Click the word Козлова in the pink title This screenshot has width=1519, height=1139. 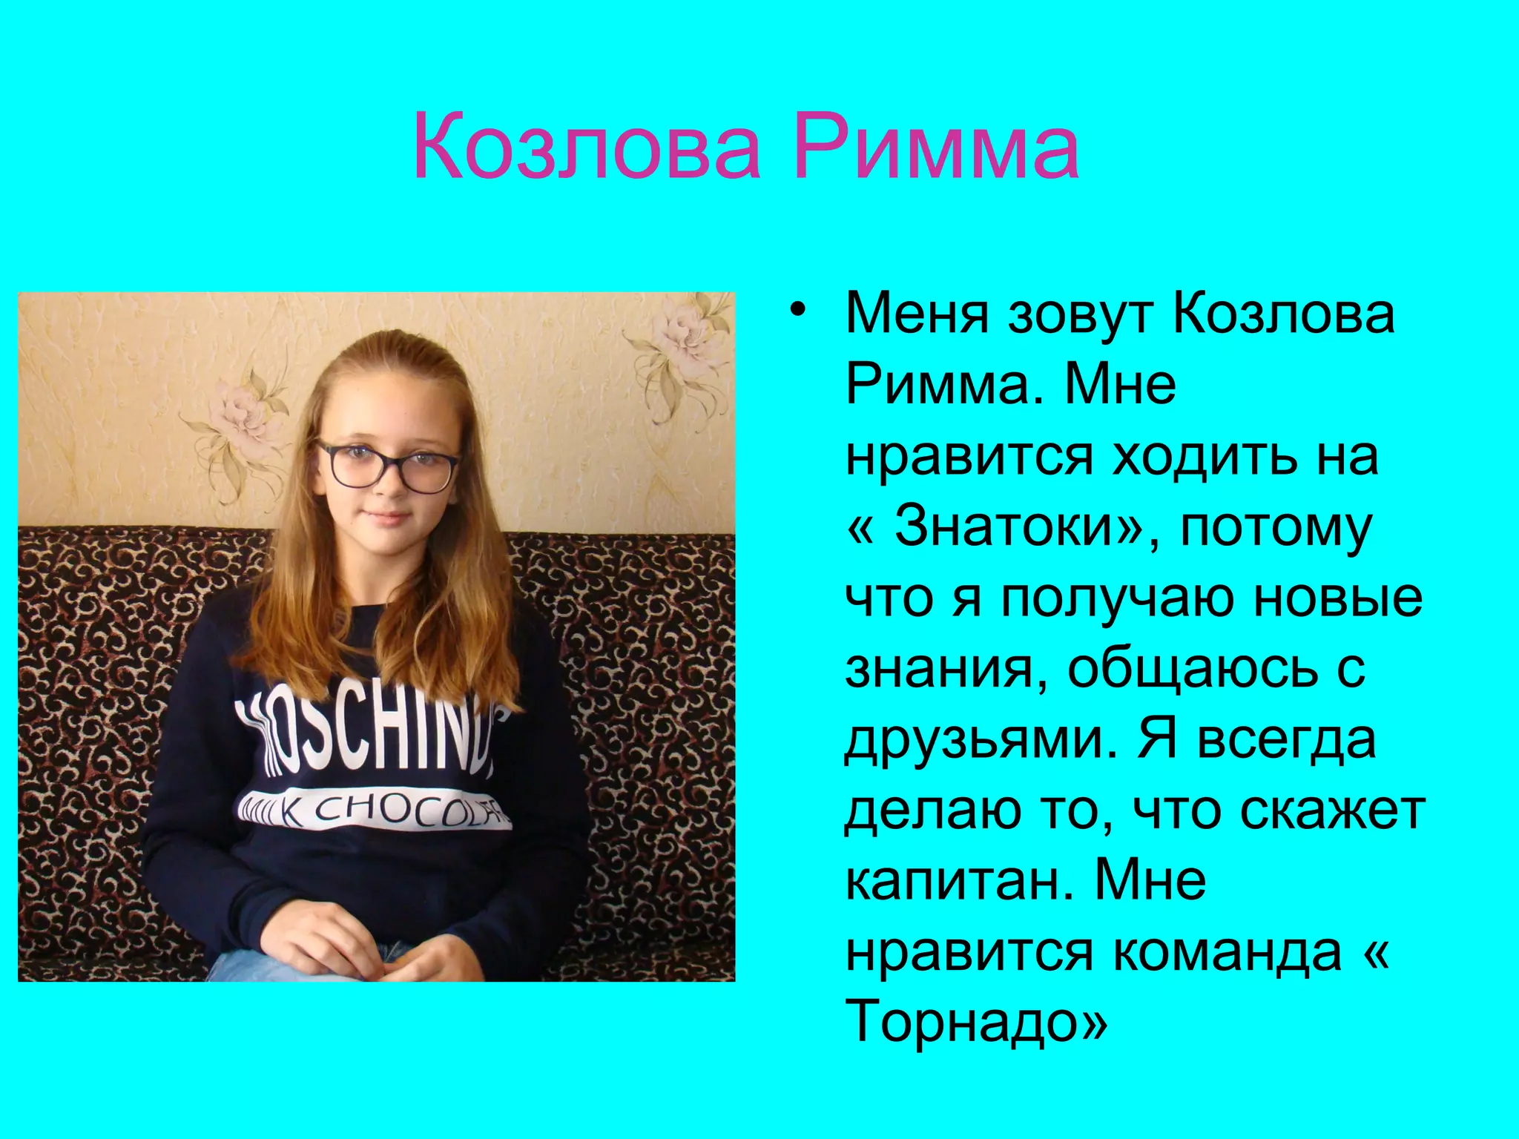pyautogui.click(x=587, y=146)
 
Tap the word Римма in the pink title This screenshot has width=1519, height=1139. pyautogui.click(x=935, y=146)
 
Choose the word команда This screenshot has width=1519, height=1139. pyautogui.click(x=1228, y=951)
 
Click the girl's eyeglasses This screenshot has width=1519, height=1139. pyautogui.click(x=387, y=465)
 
